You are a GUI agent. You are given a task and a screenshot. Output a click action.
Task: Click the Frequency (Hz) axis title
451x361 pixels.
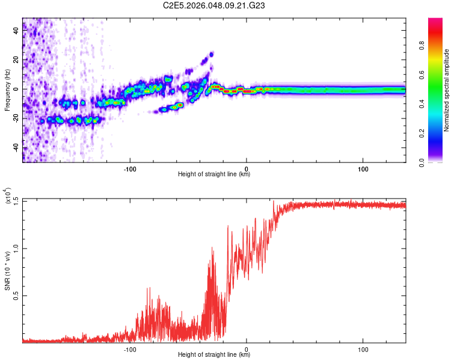(x=7, y=89)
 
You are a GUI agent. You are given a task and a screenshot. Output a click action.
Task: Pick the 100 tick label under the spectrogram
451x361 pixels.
(x=363, y=168)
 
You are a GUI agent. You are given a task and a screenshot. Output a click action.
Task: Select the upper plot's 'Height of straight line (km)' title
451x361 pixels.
(x=214, y=174)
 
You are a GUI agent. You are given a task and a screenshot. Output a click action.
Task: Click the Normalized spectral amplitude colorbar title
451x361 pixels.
(x=447, y=90)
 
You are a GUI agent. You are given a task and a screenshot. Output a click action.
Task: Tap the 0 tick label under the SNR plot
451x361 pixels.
(x=247, y=349)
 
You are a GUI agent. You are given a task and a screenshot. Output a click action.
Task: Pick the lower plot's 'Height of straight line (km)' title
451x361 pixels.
(x=214, y=355)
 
